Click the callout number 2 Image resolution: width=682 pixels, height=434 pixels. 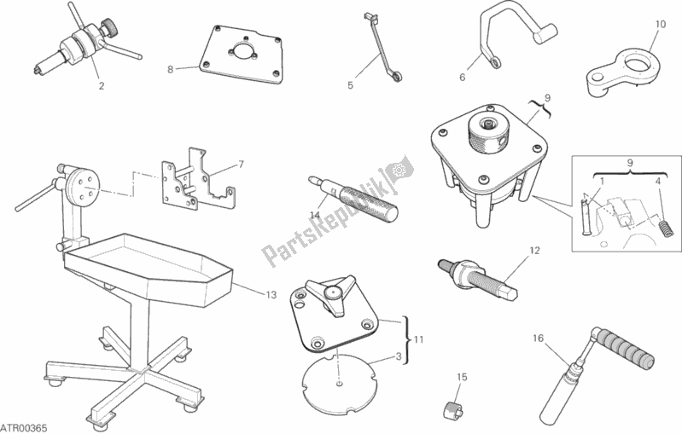click(x=102, y=85)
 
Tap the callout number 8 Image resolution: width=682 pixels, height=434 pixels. click(x=171, y=69)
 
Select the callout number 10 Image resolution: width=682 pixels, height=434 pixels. click(x=661, y=25)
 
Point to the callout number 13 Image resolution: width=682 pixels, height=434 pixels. click(x=271, y=295)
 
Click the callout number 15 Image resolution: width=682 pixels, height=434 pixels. click(x=462, y=377)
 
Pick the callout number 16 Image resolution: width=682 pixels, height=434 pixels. click(x=538, y=338)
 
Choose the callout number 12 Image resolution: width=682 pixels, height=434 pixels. click(x=534, y=250)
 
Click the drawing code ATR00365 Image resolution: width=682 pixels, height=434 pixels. click(x=24, y=428)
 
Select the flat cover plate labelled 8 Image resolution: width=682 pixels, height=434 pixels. click(x=242, y=55)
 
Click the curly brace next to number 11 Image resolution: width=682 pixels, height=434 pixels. click(x=407, y=339)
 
